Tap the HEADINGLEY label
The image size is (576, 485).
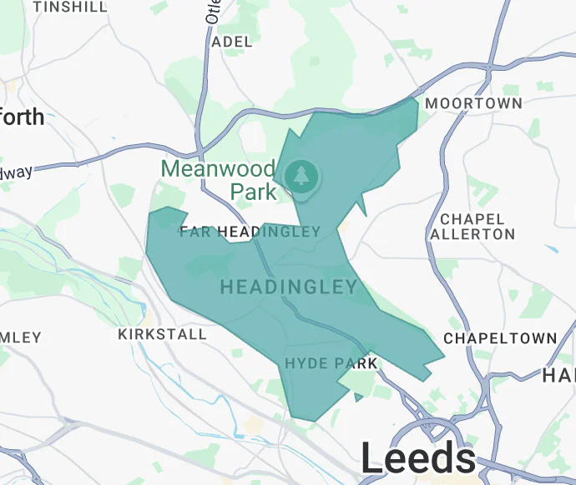[289, 287]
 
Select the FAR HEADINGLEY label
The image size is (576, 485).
[250, 232]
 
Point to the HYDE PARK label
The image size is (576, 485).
[331, 363]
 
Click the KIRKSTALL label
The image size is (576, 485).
[163, 334]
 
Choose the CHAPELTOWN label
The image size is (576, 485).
[500, 338]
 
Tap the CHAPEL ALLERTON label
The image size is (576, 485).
[472, 227]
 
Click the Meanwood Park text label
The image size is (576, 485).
[219, 180]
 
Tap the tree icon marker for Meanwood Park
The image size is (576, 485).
[301, 176]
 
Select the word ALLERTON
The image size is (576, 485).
[472, 235]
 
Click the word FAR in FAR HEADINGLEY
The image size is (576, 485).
[193, 232]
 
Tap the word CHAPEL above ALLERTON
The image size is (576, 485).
[472, 219]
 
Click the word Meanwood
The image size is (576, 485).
[219, 168]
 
